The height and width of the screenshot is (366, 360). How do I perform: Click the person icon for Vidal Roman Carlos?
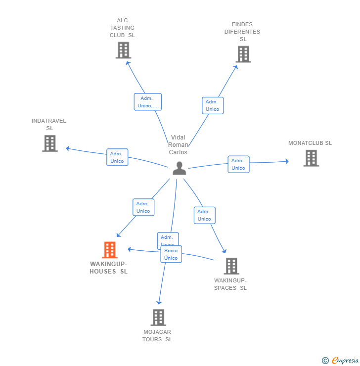point(179,168)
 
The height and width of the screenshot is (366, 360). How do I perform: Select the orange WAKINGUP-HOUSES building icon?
point(110,250)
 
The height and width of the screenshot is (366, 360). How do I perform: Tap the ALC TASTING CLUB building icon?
point(123,50)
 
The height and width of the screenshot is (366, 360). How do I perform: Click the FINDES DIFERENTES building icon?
point(243,54)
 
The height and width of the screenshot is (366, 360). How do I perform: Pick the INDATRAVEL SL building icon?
point(49,143)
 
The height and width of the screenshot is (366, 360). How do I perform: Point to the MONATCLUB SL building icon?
point(311,158)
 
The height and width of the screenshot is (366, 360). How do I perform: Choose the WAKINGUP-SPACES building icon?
point(231,266)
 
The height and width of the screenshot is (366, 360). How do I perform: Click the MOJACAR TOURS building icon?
point(158,318)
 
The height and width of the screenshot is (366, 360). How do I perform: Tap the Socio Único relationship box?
point(171,254)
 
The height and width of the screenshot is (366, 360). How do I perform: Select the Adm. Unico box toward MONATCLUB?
point(238,164)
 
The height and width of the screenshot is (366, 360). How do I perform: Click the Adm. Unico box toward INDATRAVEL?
point(117,157)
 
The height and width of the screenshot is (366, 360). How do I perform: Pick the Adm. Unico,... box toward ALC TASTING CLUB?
point(147,102)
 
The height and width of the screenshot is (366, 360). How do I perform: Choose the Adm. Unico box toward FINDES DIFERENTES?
point(213,105)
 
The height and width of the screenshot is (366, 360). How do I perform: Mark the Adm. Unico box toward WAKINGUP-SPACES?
point(204,215)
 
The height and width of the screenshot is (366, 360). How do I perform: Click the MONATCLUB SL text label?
point(310,143)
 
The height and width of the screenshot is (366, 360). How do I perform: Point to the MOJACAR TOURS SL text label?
point(157,335)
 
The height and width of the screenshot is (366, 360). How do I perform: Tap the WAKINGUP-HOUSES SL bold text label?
point(108,268)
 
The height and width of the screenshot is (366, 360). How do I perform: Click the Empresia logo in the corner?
point(340,361)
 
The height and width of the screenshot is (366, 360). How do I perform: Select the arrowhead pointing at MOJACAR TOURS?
point(159,302)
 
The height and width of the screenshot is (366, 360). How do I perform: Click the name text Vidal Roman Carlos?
point(178,145)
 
